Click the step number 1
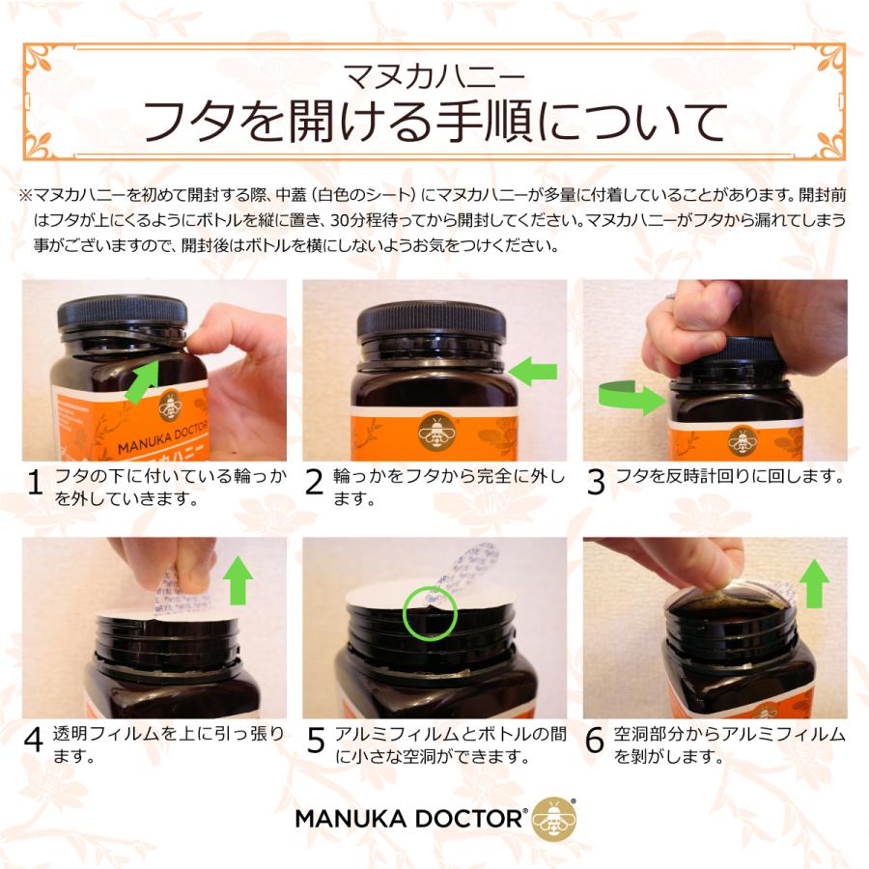(35, 482)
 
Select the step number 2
(314, 482)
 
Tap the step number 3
(595, 482)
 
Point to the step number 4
(33, 740)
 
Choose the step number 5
(316, 741)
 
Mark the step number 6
(595, 741)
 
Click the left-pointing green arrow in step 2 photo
(533, 372)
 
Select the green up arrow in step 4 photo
(238, 580)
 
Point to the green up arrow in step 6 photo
(814, 583)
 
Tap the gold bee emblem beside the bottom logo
(553, 819)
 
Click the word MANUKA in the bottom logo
(350, 819)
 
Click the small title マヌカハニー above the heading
(434, 76)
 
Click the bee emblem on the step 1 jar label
(171, 406)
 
